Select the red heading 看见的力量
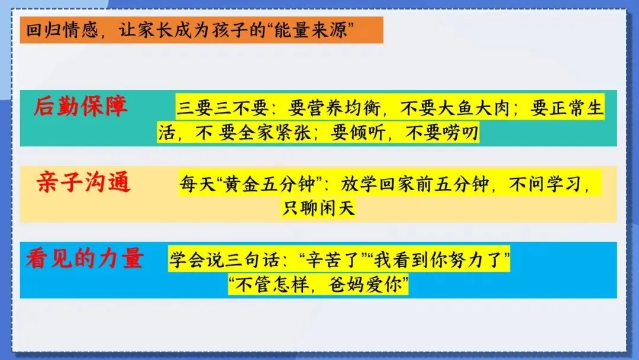[x=84, y=258]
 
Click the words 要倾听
[x=356, y=133]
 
